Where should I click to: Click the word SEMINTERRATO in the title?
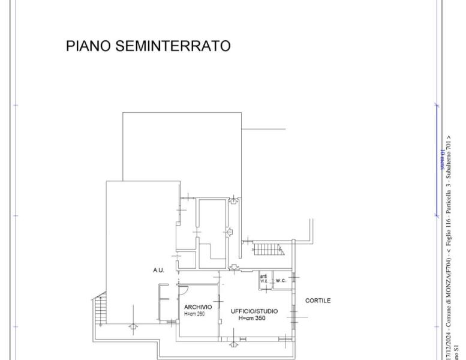(x=175, y=46)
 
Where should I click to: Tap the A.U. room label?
(x=158, y=271)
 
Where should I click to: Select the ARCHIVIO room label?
(x=198, y=307)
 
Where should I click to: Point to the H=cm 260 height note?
(x=195, y=314)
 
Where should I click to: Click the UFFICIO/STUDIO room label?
(x=254, y=311)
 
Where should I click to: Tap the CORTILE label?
(x=318, y=301)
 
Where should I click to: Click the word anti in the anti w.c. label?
(x=263, y=276)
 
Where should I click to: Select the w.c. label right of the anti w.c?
(x=281, y=280)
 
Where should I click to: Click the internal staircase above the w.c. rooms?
(x=267, y=248)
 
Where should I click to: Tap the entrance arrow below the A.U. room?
(x=133, y=328)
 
